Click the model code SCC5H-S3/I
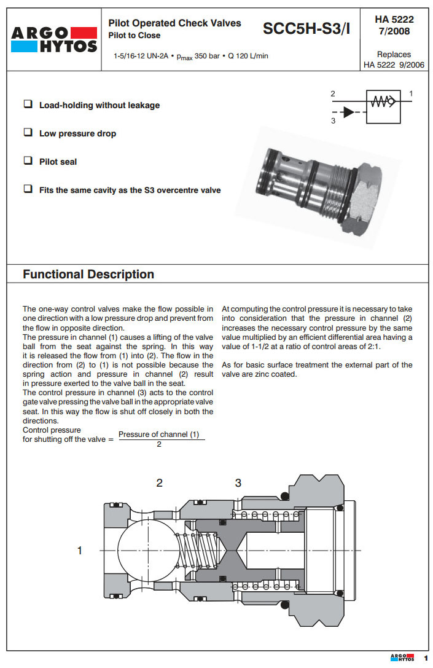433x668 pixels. [x=306, y=28]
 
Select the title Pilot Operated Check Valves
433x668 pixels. [x=174, y=23]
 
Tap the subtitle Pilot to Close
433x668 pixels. [x=135, y=36]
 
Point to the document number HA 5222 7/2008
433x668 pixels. [x=394, y=25]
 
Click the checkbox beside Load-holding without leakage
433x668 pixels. [x=28, y=104]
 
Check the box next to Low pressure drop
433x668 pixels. [x=28, y=133]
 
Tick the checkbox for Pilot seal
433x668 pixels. [x=28, y=161]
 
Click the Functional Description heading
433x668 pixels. [x=88, y=274]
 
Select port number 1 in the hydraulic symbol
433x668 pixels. [x=410, y=93]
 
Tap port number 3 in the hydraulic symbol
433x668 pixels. [x=332, y=121]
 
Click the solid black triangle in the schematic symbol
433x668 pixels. [x=348, y=112]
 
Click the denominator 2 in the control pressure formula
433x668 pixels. [x=159, y=444]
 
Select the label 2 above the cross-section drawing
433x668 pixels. [x=159, y=483]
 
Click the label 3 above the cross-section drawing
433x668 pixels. [x=238, y=483]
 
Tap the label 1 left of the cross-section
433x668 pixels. [x=79, y=551]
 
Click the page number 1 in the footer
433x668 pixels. [x=425, y=658]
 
